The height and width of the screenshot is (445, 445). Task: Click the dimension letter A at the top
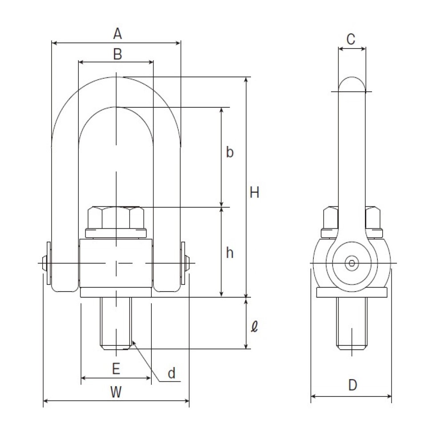[x=117, y=33]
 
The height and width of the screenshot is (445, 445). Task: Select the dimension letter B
[x=117, y=54]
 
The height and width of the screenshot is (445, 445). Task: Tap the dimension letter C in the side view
[x=351, y=39]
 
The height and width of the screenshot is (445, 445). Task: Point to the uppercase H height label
[x=254, y=192]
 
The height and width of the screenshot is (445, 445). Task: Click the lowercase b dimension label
[x=230, y=152]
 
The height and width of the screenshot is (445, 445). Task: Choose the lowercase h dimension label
[x=230, y=252]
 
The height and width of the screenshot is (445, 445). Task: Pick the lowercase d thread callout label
[x=171, y=373]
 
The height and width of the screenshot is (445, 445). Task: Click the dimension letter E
[x=116, y=368]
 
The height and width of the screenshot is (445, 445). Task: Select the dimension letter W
[x=116, y=392]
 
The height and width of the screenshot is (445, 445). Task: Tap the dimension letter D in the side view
[x=352, y=385]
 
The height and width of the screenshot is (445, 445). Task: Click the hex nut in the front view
[x=116, y=218]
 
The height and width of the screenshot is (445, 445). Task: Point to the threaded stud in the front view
[x=116, y=323]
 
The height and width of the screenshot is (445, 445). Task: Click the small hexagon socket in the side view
[x=352, y=263]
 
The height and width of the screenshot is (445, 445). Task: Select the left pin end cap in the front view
[x=47, y=263]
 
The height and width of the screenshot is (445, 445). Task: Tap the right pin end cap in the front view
[x=185, y=263]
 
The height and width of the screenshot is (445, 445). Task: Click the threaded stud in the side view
[x=352, y=323]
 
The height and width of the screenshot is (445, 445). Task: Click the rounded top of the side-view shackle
[x=352, y=84]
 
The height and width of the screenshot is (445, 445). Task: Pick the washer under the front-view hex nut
[x=116, y=233]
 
